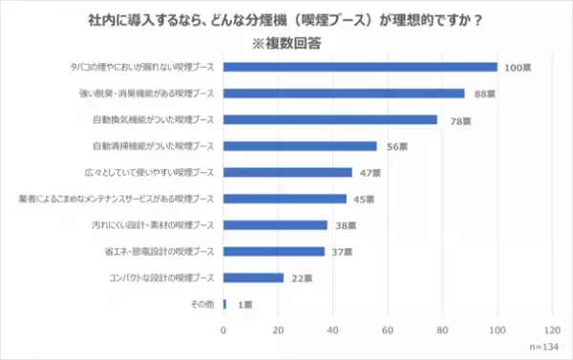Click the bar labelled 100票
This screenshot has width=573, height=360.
(x=360, y=67)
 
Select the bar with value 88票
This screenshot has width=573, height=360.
(x=344, y=94)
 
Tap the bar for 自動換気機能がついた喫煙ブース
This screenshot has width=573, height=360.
(x=330, y=119)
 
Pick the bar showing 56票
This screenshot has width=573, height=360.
(x=300, y=146)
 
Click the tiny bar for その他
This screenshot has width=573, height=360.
(x=224, y=304)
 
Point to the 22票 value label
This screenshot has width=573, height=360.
(x=300, y=278)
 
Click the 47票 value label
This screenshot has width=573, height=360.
(x=369, y=173)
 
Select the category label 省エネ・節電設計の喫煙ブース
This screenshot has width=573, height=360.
(x=166, y=251)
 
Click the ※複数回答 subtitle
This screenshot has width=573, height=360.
(x=286, y=42)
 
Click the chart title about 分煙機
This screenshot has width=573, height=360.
(x=286, y=16)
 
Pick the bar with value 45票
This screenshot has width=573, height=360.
(x=285, y=199)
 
